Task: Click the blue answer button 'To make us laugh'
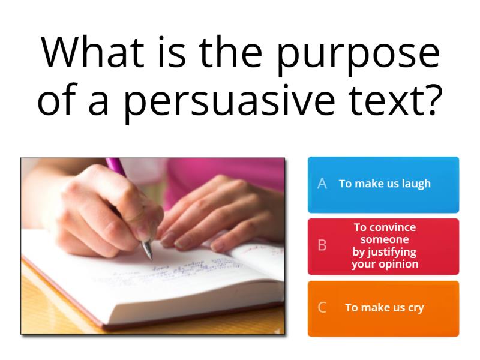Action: click(x=383, y=184)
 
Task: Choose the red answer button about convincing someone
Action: click(x=383, y=246)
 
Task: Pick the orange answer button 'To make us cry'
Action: click(x=383, y=308)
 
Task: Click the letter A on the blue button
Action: click(x=322, y=184)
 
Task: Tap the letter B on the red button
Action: click(x=322, y=246)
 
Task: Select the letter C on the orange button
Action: click(x=322, y=308)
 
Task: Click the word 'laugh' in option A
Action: click(x=415, y=184)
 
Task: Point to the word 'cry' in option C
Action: click(x=415, y=308)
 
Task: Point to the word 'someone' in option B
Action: click(x=385, y=239)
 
